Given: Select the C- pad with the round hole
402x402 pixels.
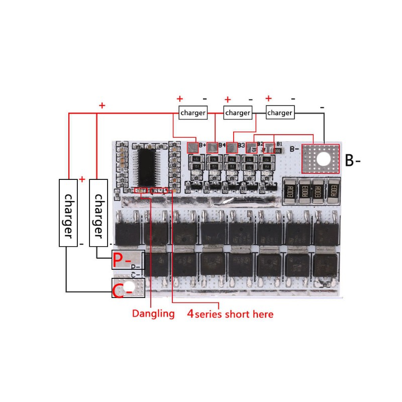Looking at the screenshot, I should [128, 288].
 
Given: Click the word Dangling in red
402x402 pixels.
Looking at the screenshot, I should [153, 314].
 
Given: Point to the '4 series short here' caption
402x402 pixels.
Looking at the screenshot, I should [230, 314].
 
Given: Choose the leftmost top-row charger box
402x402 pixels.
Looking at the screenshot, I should [193, 113].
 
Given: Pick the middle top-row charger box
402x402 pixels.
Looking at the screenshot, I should [237, 113].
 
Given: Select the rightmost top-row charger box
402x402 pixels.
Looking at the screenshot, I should [279, 113].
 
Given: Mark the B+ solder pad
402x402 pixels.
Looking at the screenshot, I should [193, 148].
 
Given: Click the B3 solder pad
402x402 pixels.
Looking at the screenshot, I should [232, 148].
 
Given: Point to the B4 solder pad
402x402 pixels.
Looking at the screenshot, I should [213, 148].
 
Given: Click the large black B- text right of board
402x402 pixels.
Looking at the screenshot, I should [353, 161].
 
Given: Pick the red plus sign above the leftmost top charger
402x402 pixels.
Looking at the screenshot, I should [180, 99].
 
